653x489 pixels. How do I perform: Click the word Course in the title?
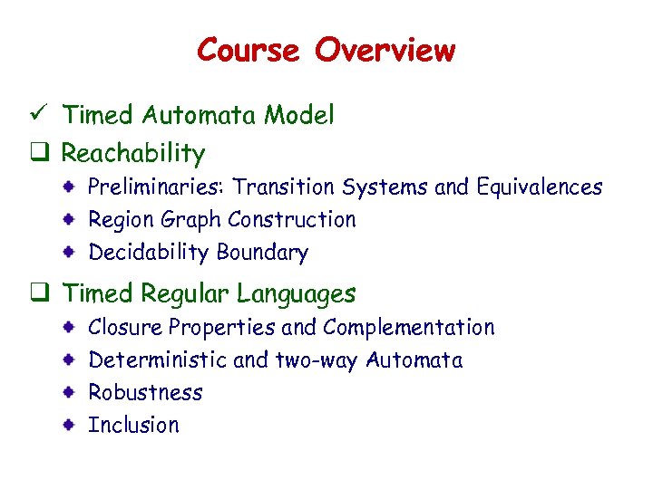248,50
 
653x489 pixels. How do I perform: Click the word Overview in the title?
385,50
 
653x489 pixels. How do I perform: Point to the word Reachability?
132,154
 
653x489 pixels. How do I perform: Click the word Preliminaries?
156,187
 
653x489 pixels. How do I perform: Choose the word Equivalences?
538,187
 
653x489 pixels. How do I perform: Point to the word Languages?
296,294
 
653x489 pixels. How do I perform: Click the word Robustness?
145,393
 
